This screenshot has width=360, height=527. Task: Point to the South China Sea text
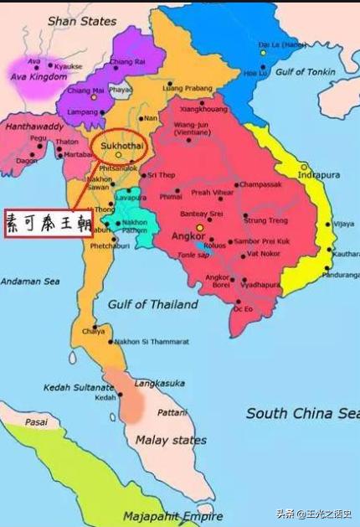pyautogui.click(x=302, y=413)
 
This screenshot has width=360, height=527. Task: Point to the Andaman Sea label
pyautogui.click(x=30, y=281)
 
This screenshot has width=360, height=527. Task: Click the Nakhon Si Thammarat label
pyautogui.click(x=152, y=342)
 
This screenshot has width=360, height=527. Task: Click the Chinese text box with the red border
pyautogui.click(x=48, y=223)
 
